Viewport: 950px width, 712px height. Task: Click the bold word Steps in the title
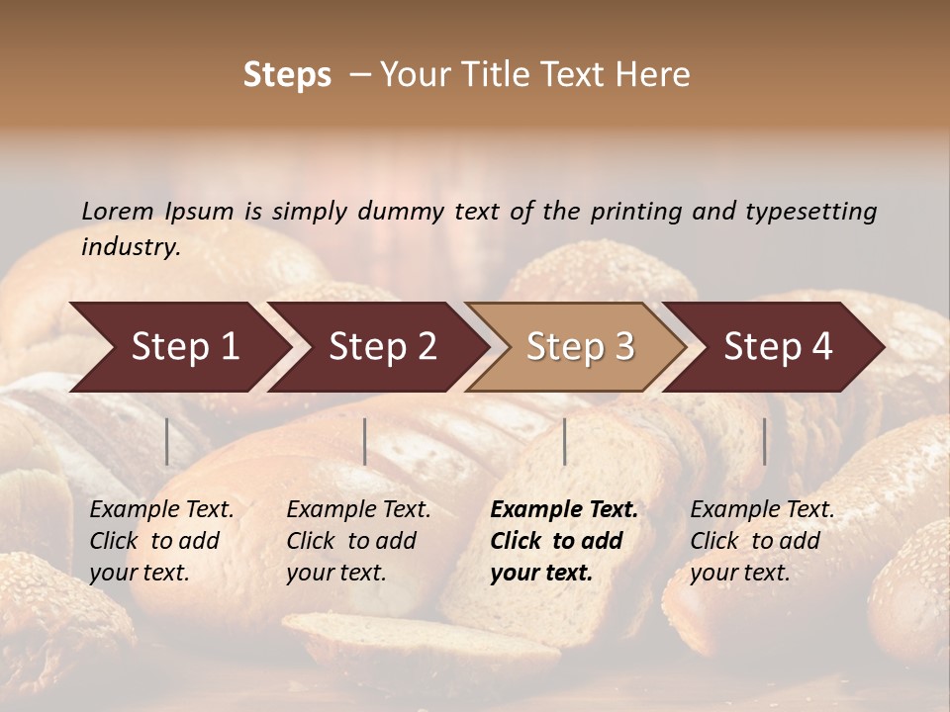coord(287,74)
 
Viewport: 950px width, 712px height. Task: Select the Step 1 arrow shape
coord(184,347)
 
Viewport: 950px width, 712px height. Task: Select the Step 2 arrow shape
coord(382,347)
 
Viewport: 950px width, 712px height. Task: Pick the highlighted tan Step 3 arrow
coord(580,347)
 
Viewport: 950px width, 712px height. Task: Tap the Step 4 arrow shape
coord(778,347)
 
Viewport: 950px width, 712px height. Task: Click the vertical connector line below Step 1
coord(167,441)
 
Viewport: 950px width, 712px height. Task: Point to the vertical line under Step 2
coord(365,441)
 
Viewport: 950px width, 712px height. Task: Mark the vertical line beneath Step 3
coord(564,441)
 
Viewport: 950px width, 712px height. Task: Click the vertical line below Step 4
coord(764,441)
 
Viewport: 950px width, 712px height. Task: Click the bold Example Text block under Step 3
coord(564,541)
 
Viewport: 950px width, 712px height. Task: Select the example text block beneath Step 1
coord(161,541)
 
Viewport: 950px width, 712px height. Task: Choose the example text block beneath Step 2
coord(358,541)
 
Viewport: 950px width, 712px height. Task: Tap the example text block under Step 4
coord(762,541)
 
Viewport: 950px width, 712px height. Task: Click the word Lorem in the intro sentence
coord(118,211)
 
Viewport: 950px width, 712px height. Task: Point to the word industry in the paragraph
coord(131,246)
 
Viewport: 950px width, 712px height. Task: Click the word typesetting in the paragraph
coord(810,211)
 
